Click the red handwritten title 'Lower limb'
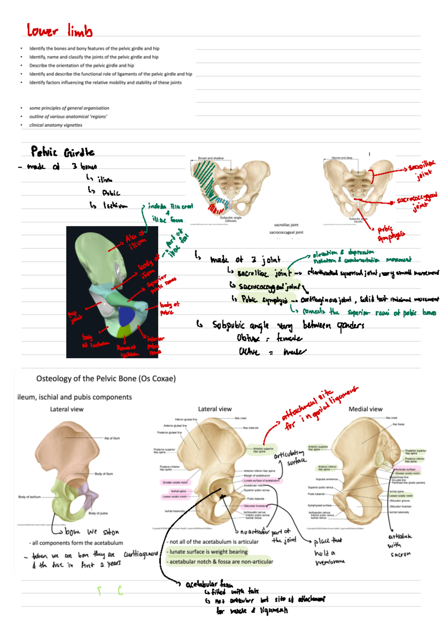click(59, 30)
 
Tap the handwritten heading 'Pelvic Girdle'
click(63, 152)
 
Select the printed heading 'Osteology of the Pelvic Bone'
click(106, 378)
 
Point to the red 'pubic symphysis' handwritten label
click(390, 234)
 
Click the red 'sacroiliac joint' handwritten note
click(422, 170)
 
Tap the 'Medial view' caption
click(365, 409)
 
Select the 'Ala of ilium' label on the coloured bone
click(112, 438)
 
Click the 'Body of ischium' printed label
click(29, 497)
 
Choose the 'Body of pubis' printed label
click(98, 513)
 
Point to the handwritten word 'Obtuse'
click(248, 338)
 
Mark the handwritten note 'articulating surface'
click(291, 457)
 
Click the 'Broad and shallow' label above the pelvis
click(211, 158)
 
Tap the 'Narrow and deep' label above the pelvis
click(342, 158)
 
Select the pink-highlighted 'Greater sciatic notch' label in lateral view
click(175, 482)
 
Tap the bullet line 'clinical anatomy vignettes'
click(56, 125)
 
